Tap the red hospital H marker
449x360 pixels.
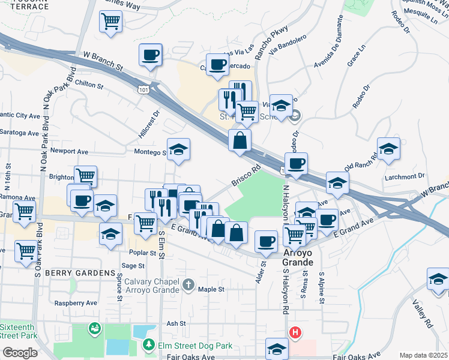[x=295, y=332]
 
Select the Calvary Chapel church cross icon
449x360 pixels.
[x=188, y=284]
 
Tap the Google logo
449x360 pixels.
[x=19, y=353]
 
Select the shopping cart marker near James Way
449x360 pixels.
[x=111, y=22]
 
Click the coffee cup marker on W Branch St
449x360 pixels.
[x=151, y=55]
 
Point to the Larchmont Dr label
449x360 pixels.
[x=406, y=177]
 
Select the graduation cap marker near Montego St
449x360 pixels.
[x=178, y=150]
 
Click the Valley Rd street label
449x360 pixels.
[x=423, y=314]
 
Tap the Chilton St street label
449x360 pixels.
[x=90, y=85]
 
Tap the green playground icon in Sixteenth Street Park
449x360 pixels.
[x=95, y=329]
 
